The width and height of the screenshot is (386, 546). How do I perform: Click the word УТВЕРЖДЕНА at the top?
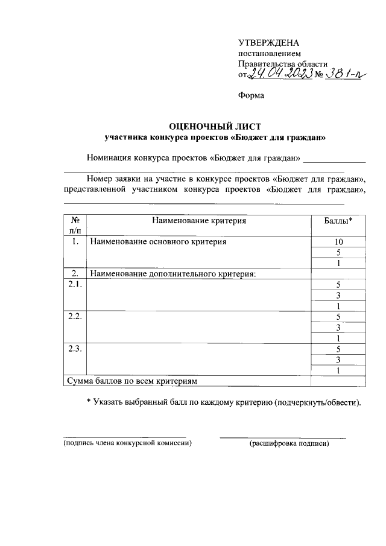pos(268,42)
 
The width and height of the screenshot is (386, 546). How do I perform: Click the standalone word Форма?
pos(251,95)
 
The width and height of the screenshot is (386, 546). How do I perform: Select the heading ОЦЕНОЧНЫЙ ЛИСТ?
pos(215,126)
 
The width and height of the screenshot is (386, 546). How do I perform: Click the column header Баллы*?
pos(338,221)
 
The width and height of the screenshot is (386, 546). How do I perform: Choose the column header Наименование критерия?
pos(199,221)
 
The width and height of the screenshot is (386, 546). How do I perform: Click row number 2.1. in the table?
pos(75,285)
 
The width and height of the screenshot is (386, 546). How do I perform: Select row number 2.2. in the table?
pos(75,317)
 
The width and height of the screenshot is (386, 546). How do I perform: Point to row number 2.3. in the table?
pos(75,349)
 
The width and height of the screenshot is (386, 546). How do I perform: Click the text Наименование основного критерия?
pos(158,242)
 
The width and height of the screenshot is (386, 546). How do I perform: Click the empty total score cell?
pos(338,381)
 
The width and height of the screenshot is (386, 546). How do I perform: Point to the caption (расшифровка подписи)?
pos(289,443)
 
